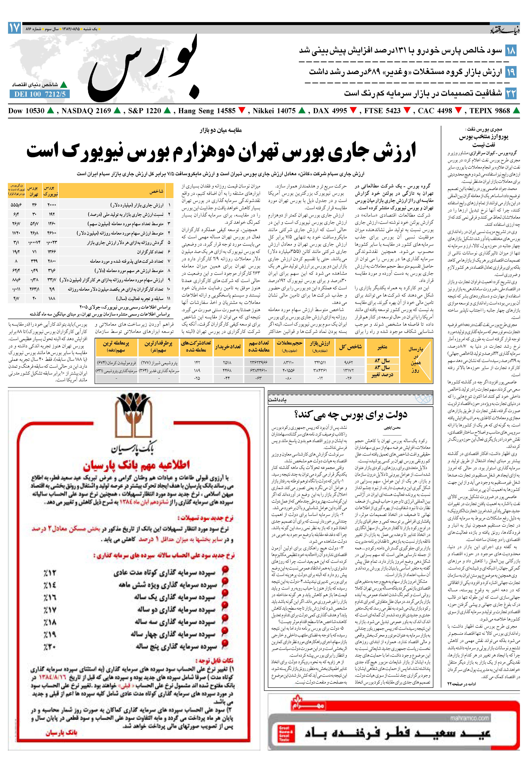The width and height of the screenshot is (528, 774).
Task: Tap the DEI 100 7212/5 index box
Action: tap(40, 94)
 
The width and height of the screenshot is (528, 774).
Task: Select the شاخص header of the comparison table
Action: tap(157, 192)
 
